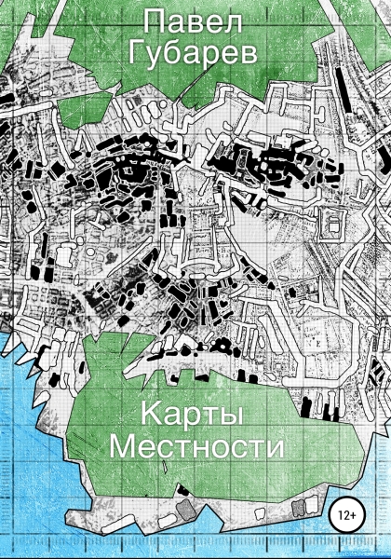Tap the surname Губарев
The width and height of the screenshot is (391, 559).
point(195,57)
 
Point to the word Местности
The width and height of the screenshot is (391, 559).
point(195,446)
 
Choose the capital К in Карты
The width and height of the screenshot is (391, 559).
point(153,414)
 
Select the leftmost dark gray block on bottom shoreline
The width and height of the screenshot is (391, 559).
point(185,511)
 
